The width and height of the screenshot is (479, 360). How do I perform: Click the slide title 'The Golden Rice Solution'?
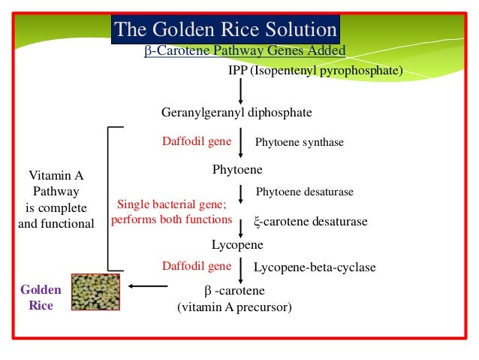pyautogui.click(x=226, y=30)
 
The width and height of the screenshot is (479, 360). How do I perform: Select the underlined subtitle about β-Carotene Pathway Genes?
pyautogui.click(x=244, y=50)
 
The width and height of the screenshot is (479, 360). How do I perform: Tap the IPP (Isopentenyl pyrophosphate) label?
pyautogui.click(x=315, y=70)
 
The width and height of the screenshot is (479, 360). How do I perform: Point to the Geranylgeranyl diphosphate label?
pyautogui.click(x=236, y=113)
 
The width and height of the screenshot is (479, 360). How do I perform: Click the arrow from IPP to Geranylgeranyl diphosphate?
pyautogui.click(x=240, y=91)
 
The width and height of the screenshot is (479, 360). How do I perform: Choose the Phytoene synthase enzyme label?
pyautogui.click(x=300, y=141)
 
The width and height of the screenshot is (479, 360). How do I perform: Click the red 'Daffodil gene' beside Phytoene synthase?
pyautogui.click(x=197, y=141)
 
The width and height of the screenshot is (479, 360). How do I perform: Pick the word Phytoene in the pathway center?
pyautogui.click(x=238, y=170)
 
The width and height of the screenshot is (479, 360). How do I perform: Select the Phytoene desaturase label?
pyautogui.click(x=304, y=192)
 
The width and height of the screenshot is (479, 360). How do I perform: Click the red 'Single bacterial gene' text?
pyautogui.click(x=171, y=205)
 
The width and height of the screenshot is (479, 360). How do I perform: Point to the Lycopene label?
pyautogui.click(x=237, y=244)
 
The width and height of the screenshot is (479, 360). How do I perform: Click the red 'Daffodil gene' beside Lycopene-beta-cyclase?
pyautogui.click(x=197, y=266)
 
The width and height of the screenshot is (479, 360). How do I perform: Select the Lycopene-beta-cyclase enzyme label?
pyautogui.click(x=315, y=268)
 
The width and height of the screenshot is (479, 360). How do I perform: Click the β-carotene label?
pyautogui.click(x=234, y=291)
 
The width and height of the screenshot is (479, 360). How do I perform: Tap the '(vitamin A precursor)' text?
pyautogui.click(x=234, y=307)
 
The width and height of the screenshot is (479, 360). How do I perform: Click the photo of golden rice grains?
pyautogui.click(x=95, y=292)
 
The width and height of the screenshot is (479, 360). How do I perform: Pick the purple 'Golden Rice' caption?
pyautogui.click(x=41, y=298)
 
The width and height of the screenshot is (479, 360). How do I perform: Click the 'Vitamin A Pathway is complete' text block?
pyautogui.click(x=56, y=199)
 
